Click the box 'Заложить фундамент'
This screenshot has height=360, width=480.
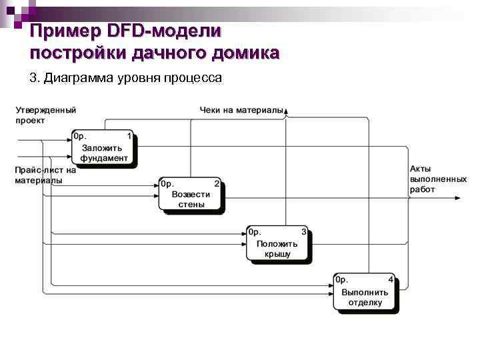coord(103,147)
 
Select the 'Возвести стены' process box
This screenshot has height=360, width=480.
coord(190,194)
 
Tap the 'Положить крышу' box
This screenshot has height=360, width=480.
coord(277,243)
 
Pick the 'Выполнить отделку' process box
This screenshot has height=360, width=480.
coord(365,292)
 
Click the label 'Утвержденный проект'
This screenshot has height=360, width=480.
coord(45,115)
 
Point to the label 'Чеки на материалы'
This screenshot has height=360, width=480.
coord(241,109)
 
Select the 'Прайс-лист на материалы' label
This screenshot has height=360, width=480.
coord(45,175)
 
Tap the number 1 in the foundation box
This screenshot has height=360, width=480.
coord(129,136)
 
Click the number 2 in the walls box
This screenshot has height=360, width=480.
coord(216,183)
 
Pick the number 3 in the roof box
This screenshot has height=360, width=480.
coord(303,232)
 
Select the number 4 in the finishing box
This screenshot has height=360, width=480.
coord(391,279)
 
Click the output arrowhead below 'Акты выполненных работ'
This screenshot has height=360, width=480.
coord(456,198)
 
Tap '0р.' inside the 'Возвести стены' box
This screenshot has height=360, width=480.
coord(167,183)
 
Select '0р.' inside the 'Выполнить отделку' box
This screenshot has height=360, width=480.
coord(342,279)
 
